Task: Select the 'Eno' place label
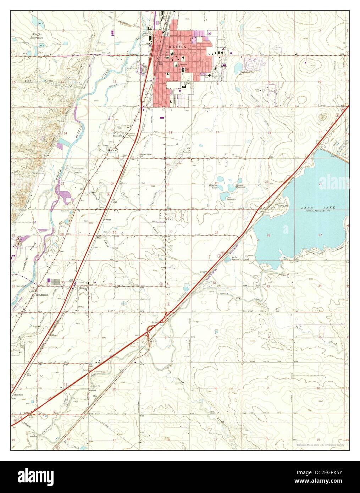(95, 395)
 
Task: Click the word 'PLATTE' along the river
(79, 132)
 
